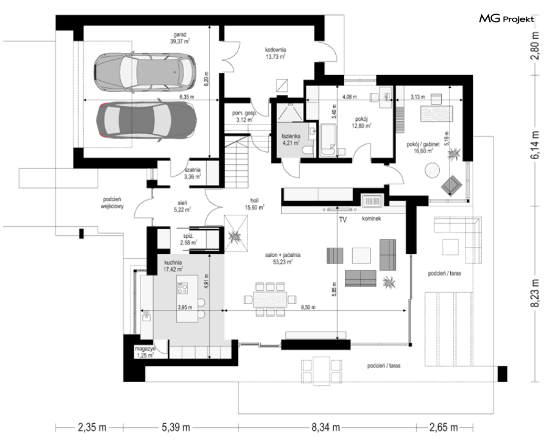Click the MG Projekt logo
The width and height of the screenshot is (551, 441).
506,19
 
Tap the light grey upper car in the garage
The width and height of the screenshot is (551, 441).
145,71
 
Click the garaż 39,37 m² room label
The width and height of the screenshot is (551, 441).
179,38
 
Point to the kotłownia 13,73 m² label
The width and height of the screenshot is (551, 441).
275,53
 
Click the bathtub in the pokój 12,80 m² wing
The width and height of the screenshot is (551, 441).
328,139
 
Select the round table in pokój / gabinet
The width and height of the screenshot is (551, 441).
432,170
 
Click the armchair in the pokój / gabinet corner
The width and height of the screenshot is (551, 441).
452,185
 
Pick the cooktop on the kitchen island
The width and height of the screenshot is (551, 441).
183,288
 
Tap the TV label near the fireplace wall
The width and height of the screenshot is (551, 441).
343,220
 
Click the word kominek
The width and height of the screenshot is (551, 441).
372,218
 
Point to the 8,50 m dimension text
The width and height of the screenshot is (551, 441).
308,307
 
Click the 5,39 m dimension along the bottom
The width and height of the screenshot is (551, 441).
176,427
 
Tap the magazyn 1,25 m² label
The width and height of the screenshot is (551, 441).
145,352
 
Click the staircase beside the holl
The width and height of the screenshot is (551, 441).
237,162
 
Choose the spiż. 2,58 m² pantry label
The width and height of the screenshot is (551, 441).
188,239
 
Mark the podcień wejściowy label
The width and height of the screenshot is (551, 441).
112,203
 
